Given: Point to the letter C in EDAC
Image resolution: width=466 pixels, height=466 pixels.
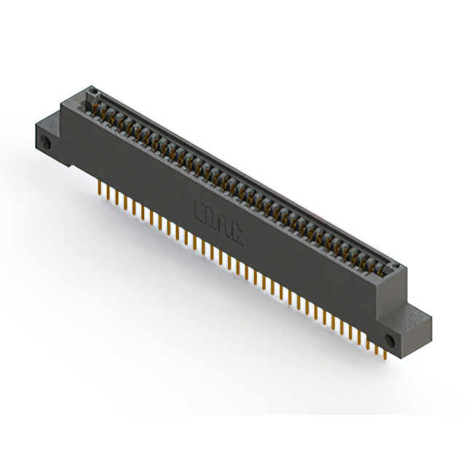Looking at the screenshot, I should pyautogui.click(x=237, y=223).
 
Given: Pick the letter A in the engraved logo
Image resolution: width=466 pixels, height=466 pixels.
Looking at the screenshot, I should pyautogui.click(x=224, y=218).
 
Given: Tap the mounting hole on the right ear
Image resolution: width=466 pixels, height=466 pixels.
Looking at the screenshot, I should pyautogui.click(x=390, y=340).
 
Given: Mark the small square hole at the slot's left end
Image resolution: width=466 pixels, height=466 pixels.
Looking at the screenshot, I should pyautogui.click(x=93, y=92).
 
